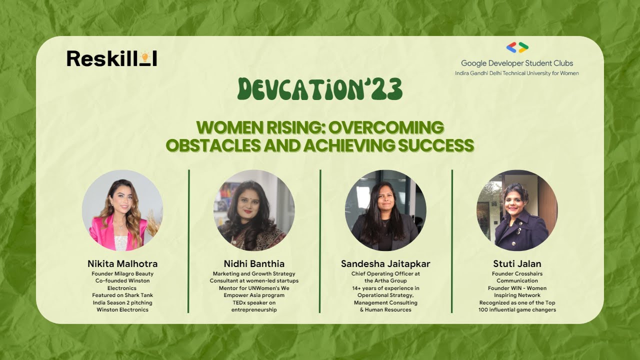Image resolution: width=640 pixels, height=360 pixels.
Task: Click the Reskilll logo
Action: pyautogui.click(x=111, y=58)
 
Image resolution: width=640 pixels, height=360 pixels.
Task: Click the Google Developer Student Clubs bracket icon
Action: pyautogui.click(x=517, y=47)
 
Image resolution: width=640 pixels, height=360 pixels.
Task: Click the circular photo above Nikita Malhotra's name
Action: pyautogui.click(x=122, y=210)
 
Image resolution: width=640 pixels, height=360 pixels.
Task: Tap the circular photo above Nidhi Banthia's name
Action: pyautogui.click(x=254, y=210)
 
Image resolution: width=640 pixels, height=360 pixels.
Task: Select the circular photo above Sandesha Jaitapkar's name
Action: pyautogui.click(x=385, y=210)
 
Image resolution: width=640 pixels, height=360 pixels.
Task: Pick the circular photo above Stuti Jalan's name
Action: pyautogui.click(x=517, y=210)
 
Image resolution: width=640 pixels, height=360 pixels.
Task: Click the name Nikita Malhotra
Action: pyautogui.click(x=122, y=263)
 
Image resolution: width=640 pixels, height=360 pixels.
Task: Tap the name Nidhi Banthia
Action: pyautogui.click(x=254, y=263)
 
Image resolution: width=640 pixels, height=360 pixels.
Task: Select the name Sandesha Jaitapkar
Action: pyautogui.click(x=385, y=263)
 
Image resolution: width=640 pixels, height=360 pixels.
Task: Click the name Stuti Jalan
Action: pyautogui.click(x=517, y=263)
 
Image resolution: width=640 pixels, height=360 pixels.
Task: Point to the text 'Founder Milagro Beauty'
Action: pyautogui.click(x=122, y=274)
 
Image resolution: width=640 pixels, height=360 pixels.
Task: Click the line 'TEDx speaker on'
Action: pyautogui.click(x=254, y=302)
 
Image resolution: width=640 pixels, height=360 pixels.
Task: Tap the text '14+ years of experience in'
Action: pyautogui.click(x=385, y=288)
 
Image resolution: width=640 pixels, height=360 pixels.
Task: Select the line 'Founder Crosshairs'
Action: pyautogui.click(x=517, y=274)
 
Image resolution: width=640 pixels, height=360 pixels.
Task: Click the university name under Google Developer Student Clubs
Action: pyautogui.click(x=517, y=73)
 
